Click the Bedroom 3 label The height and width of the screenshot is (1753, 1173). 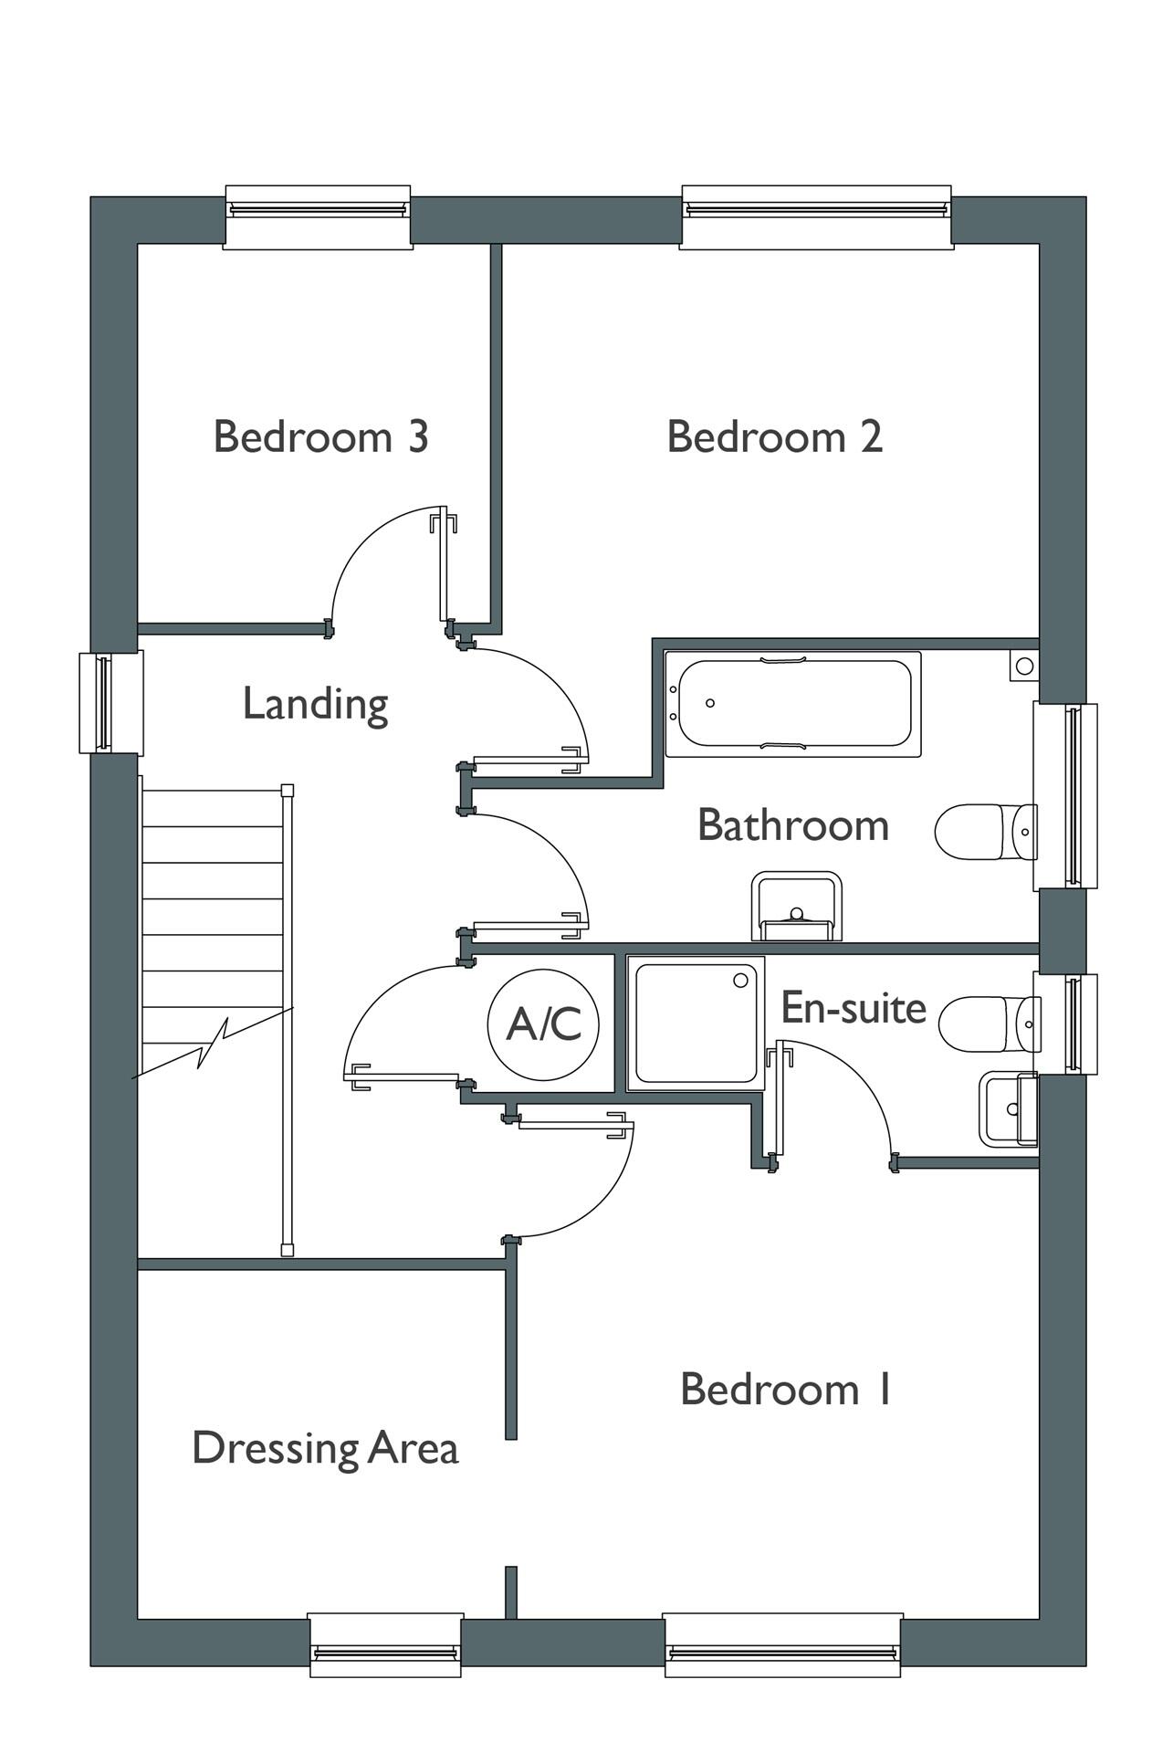pyautogui.click(x=320, y=436)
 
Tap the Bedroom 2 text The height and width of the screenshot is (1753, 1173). pyautogui.click(x=774, y=436)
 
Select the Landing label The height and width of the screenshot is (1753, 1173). pyautogui.click(x=315, y=704)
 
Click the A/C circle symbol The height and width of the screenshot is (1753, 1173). pyautogui.click(x=544, y=1023)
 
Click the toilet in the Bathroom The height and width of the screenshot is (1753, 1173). pyautogui.click(x=986, y=832)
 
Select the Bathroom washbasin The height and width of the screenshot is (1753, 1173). pyautogui.click(x=796, y=906)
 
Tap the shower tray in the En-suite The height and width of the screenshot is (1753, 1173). pyautogui.click(x=696, y=1023)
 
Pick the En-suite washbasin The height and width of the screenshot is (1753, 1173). pyautogui.click(x=1009, y=1109)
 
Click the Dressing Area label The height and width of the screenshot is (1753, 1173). pyautogui.click(x=324, y=1448)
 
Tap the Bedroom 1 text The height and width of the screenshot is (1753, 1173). pyautogui.click(x=785, y=1390)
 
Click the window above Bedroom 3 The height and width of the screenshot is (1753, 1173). pyautogui.click(x=318, y=216)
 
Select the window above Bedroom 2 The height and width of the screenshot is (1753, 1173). pyautogui.click(x=817, y=216)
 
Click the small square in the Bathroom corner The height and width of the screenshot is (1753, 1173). pyautogui.click(x=1023, y=667)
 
